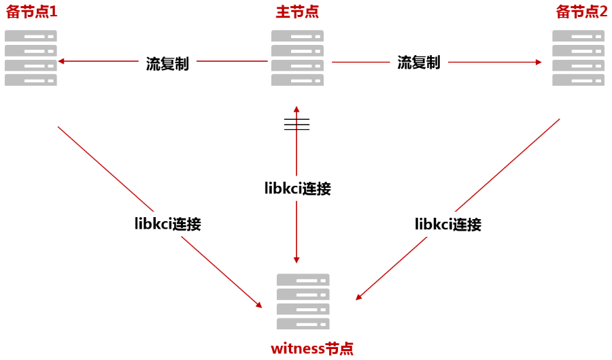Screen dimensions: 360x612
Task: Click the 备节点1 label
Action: click(x=32, y=12)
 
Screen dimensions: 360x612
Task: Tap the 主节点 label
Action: click(x=297, y=12)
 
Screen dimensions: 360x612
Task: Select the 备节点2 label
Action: click(x=581, y=12)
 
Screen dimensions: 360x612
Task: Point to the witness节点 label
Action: click(x=312, y=348)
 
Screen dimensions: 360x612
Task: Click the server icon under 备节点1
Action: click(x=31, y=58)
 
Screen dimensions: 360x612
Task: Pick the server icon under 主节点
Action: click(x=297, y=58)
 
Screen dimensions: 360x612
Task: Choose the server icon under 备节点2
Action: click(x=578, y=58)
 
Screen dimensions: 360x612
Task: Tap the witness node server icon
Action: click(x=303, y=301)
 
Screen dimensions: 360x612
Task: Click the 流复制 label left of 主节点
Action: click(x=167, y=63)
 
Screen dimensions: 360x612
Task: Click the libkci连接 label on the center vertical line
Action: click(x=297, y=189)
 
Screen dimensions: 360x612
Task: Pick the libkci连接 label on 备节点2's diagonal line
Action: click(x=447, y=224)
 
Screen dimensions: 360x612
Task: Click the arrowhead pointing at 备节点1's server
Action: click(x=61, y=61)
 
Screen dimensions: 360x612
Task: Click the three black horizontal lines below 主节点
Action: click(x=296, y=124)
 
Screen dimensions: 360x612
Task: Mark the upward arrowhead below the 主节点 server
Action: click(x=296, y=109)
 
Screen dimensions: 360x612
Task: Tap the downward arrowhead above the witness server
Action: click(x=296, y=259)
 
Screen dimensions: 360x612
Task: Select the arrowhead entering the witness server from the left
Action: click(x=258, y=305)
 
